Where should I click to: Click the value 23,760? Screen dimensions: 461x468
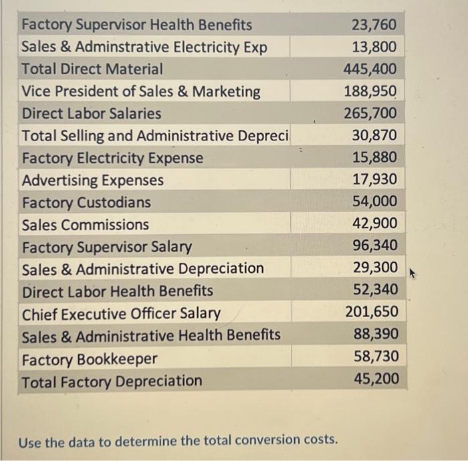pyautogui.click(x=374, y=25)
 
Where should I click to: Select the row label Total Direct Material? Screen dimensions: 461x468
pyautogui.click(x=92, y=69)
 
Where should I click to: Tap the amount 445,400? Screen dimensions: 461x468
pyautogui.click(x=370, y=70)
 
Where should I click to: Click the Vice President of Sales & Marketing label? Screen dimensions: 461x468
pyautogui.click(x=141, y=92)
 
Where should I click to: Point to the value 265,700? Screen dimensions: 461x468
pyautogui.click(x=370, y=114)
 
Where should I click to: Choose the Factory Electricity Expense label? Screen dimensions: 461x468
pyautogui.click(x=112, y=158)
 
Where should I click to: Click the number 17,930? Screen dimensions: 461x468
pyautogui.click(x=374, y=179)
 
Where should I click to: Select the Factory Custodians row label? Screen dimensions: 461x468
pyautogui.click(x=86, y=202)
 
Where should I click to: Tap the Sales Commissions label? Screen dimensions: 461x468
pyautogui.click(x=86, y=224)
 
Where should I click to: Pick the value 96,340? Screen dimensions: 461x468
pyautogui.click(x=374, y=246)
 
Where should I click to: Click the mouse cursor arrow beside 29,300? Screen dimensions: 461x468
pyautogui.click(x=412, y=273)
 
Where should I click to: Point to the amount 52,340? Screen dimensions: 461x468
pyautogui.click(x=374, y=290)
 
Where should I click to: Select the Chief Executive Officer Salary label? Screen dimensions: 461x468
pyautogui.click(x=121, y=313)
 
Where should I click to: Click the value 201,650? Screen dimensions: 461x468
pyautogui.click(x=371, y=312)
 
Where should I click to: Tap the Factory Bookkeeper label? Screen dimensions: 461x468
pyautogui.click(x=90, y=359)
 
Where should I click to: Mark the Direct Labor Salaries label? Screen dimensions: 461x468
pyautogui.click(x=92, y=114)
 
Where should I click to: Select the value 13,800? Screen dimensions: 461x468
pyautogui.click(x=374, y=48)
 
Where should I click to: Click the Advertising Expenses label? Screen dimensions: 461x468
pyautogui.click(x=92, y=180)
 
